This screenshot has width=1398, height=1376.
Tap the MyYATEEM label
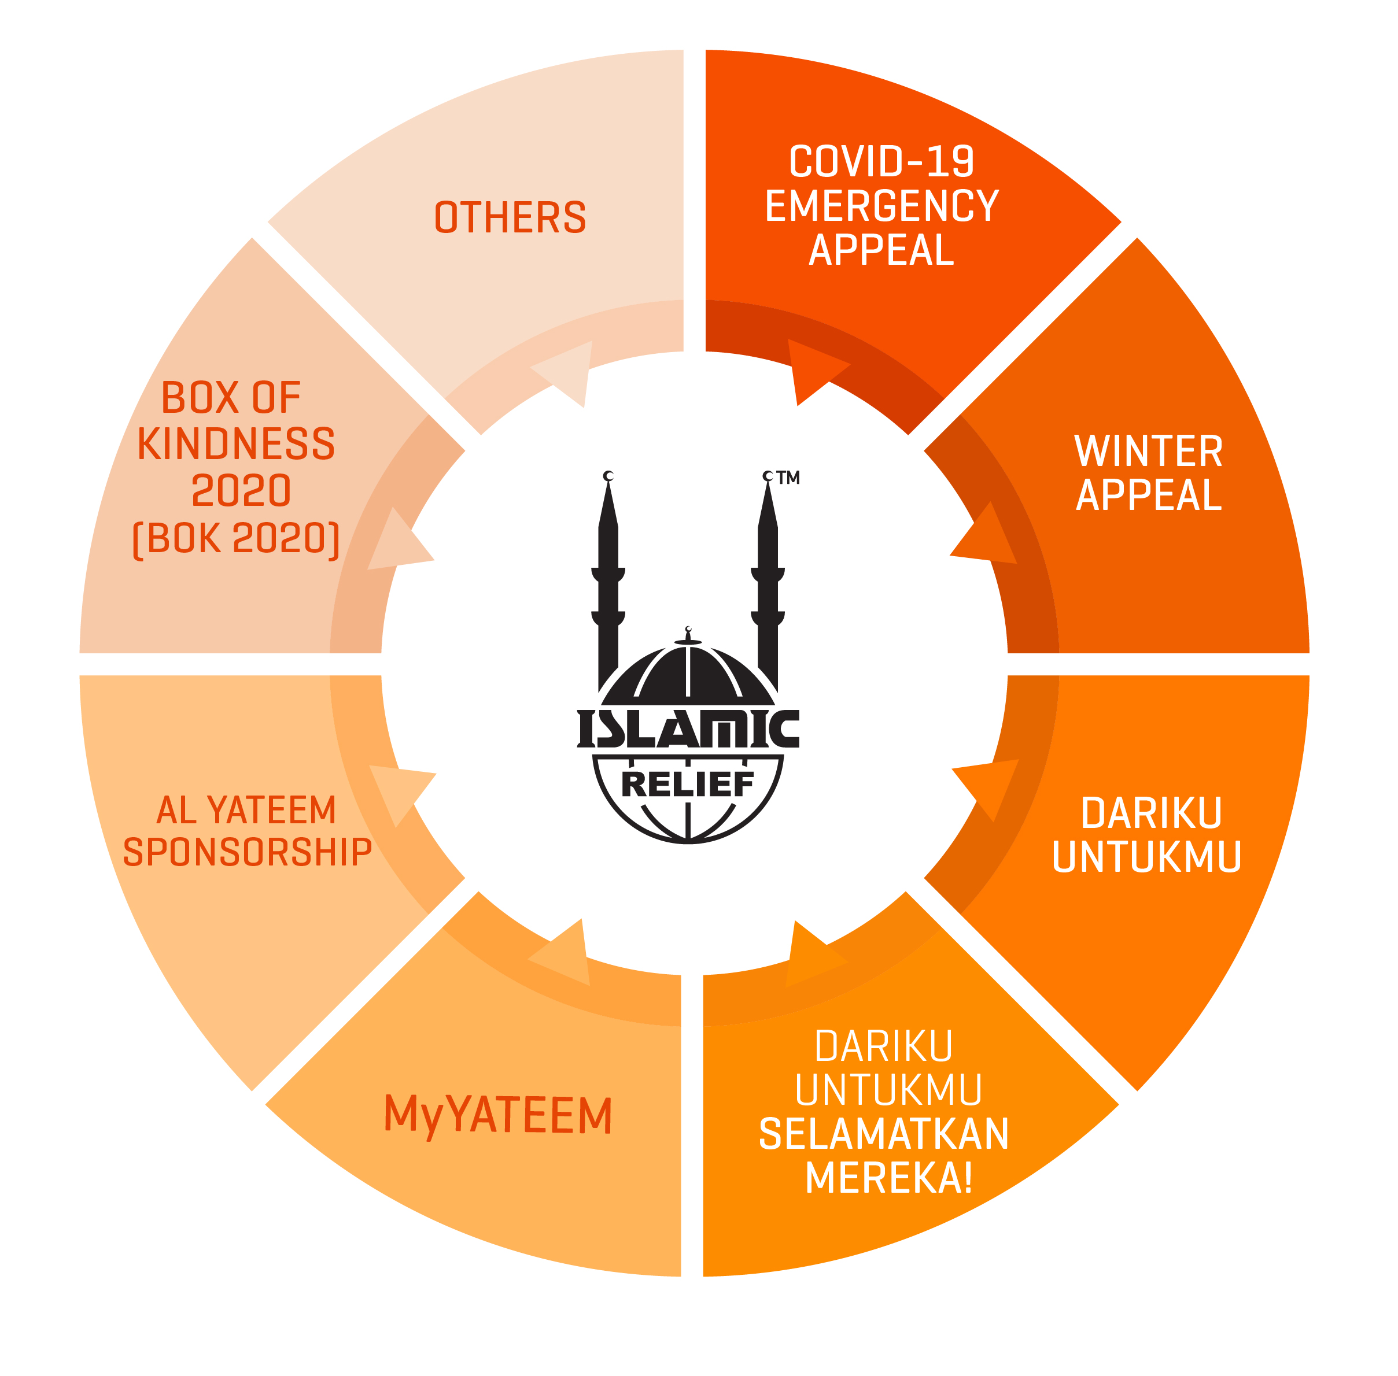click(498, 1115)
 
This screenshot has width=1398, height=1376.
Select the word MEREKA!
click(888, 1178)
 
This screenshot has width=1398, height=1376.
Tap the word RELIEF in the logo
click(688, 784)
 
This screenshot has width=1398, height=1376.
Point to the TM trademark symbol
click(788, 478)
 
